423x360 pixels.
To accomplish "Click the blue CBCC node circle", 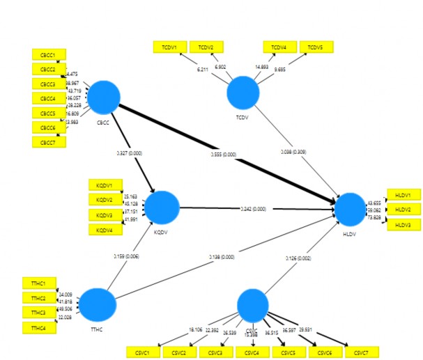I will (104, 97).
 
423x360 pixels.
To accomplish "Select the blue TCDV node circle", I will (243, 92).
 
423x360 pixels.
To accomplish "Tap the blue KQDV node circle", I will (162, 208).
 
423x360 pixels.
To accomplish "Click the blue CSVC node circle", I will (252, 306).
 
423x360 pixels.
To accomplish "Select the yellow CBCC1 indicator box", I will (49, 54).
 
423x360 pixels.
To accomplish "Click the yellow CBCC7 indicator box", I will (49, 142).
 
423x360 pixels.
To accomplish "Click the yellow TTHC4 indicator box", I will (39, 327).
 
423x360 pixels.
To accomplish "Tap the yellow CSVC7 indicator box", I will (363, 352).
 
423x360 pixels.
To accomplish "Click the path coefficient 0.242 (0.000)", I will (253, 209).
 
